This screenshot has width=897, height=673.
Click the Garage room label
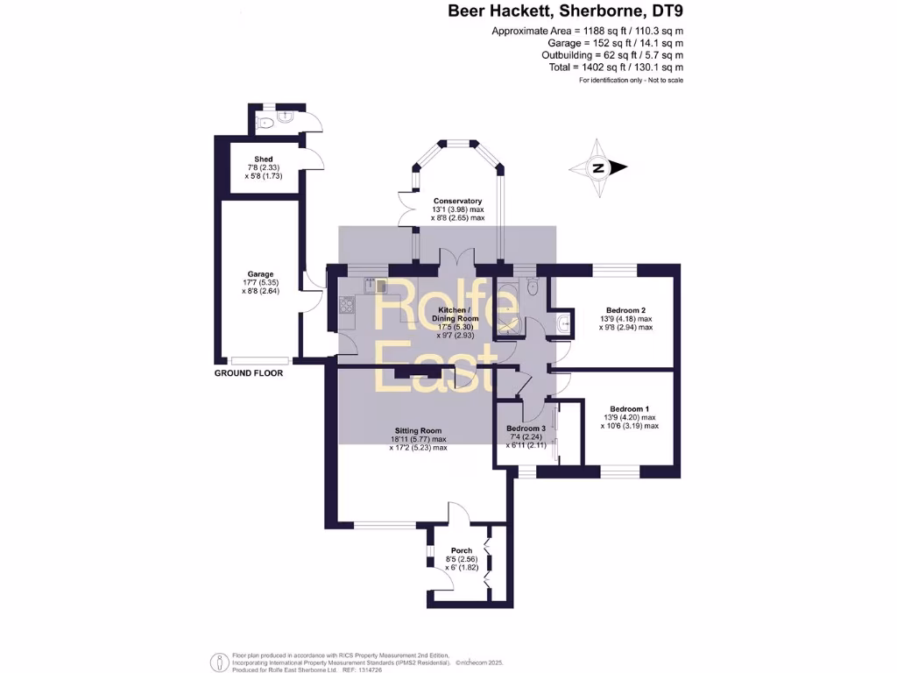click(x=259, y=274)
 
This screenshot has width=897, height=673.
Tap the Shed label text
click(x=251, y=159)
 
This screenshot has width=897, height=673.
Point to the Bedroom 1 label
click(x=630, y=409)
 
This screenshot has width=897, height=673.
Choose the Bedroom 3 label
click(x=526, y=429)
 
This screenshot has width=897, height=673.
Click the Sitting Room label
click(x=418, y=431)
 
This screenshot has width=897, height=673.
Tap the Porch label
click(x=461, y=551)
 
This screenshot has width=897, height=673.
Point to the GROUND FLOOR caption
click(x=249, y=372)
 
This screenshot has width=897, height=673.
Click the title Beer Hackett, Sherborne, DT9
click(x=566, y=12)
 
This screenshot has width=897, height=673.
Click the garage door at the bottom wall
click(x=260, y=360)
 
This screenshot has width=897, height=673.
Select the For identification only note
click(x=631, y=81)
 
